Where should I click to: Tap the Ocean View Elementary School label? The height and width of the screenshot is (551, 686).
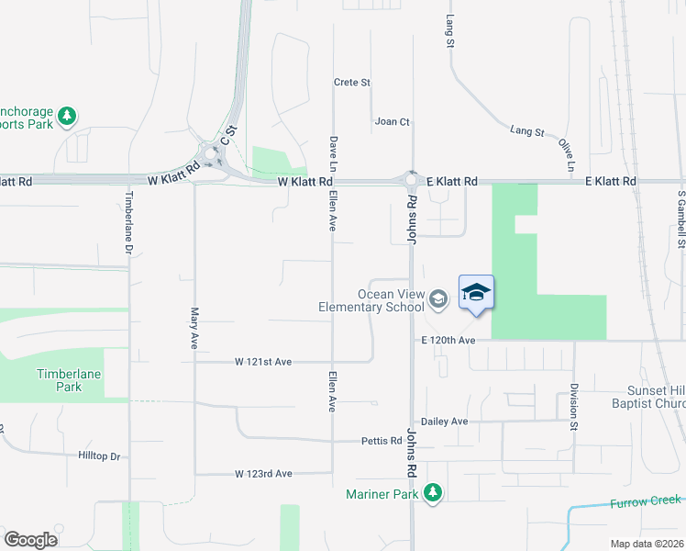click(371, 300)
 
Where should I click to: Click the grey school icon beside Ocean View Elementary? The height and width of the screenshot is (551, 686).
click(438, 298)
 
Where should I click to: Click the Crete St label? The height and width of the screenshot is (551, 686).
click(352, 83)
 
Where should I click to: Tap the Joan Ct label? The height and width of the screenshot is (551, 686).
click(393, 121)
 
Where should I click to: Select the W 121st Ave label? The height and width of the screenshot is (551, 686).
click(263, 362)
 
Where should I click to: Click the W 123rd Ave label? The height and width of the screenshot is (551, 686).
click(263, 474)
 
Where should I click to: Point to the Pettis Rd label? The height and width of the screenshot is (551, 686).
click(382, 441)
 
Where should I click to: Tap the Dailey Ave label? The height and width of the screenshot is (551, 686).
click(445, 422)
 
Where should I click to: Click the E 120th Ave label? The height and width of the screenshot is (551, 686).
click(448, 341)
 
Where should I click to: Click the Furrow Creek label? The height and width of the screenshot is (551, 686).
click(647, 501)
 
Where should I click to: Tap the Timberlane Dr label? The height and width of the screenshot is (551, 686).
click(129, 224)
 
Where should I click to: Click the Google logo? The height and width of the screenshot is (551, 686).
click(30, 540)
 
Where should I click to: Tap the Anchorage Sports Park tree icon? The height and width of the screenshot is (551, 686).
click(66, 116)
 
